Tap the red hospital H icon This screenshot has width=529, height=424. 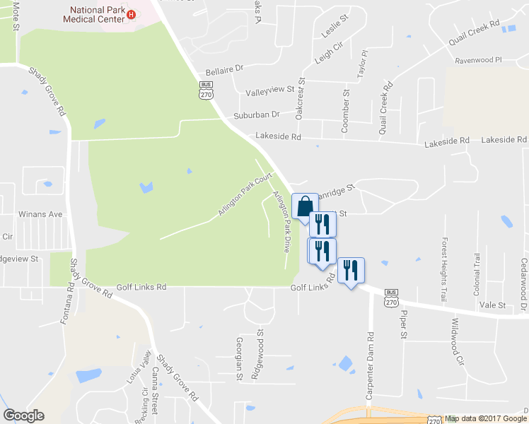pyautogui.click(x=131, y=14)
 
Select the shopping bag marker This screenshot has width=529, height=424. pyautogui.click(x=304, y=206)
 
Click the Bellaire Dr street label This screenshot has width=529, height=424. pyautogui.click(x=224, y=71)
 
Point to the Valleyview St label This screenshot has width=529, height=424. pyautogui.click(x=269, y=90)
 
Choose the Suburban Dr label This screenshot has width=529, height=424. pyautogui.click(x=257, y=114)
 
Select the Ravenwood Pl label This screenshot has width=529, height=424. pyautogui.click(x=477, y=61)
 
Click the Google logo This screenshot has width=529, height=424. pyautogui.click(x=23, y=416)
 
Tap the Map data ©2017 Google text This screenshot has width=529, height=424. pyautogui.click(x=485, y=419)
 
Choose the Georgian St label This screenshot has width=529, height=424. pyautogui.click(x=238, y=358)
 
